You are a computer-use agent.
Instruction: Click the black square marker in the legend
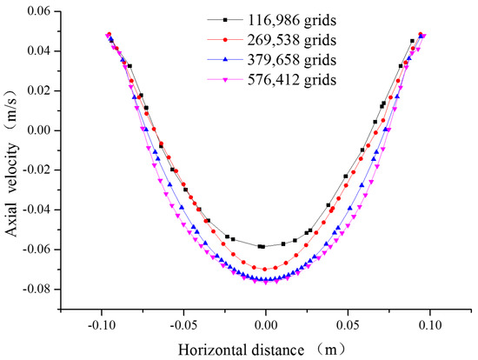coord(223,19)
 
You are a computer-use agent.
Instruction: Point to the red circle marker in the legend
coord(223,39)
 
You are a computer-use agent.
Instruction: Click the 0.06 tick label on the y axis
coord(43,10)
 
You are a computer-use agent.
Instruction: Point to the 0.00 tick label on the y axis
coord(43,130)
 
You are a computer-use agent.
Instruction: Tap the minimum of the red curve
coord(265,269)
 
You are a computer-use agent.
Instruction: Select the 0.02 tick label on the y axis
coord(43,90)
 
